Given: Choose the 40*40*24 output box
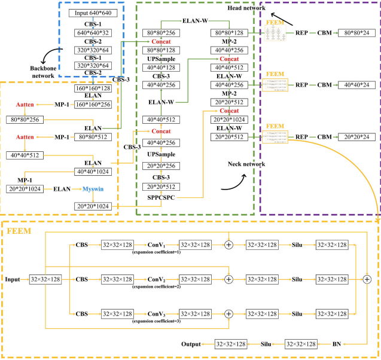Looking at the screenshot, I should (356, 86).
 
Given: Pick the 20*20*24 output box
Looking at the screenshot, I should (356, 137).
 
